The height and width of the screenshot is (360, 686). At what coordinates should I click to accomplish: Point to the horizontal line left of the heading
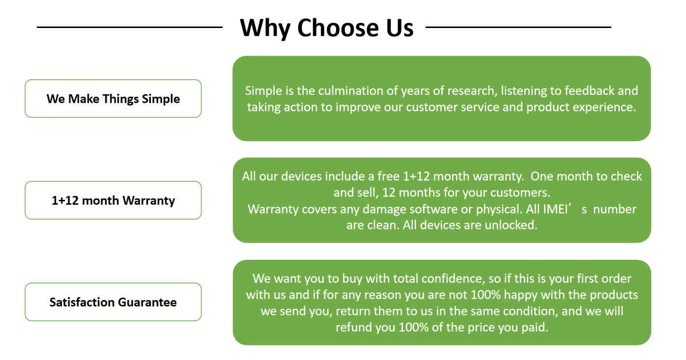(130, 28)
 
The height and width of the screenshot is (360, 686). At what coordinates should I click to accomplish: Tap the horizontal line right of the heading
(518, 28)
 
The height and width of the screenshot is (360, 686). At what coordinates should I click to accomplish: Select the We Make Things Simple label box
(113, 99)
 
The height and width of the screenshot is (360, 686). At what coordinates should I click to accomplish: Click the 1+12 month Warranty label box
(113, 200)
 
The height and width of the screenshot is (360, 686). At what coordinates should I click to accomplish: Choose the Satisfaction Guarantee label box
(113, 302)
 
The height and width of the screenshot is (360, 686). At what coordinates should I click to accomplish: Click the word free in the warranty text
(388, 176)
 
